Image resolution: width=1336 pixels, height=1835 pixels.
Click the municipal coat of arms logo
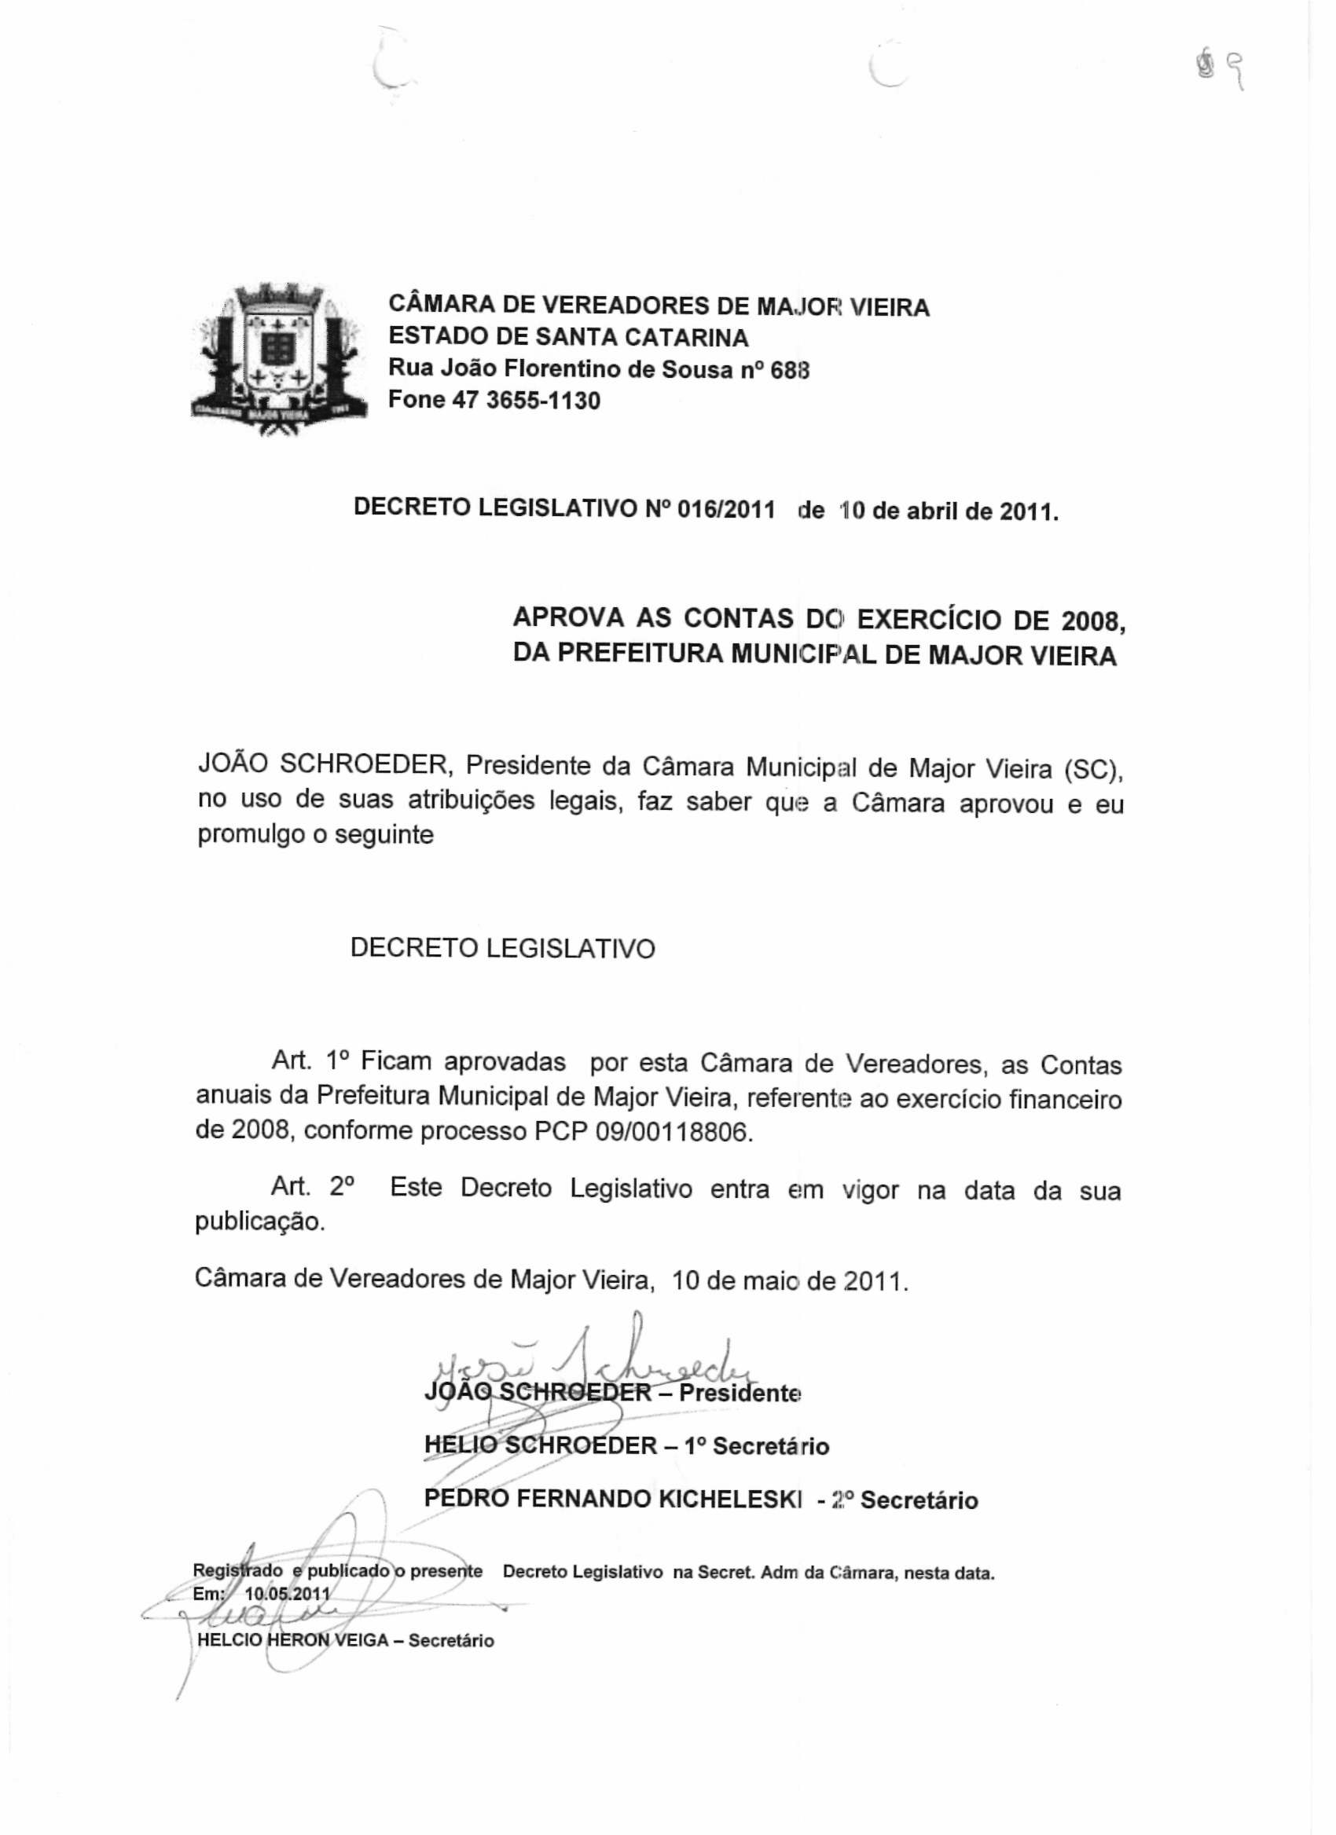point(279,361)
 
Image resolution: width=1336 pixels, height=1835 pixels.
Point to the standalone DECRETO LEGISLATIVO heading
point(502,948)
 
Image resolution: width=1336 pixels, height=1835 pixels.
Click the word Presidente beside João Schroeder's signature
point(740,1394)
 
